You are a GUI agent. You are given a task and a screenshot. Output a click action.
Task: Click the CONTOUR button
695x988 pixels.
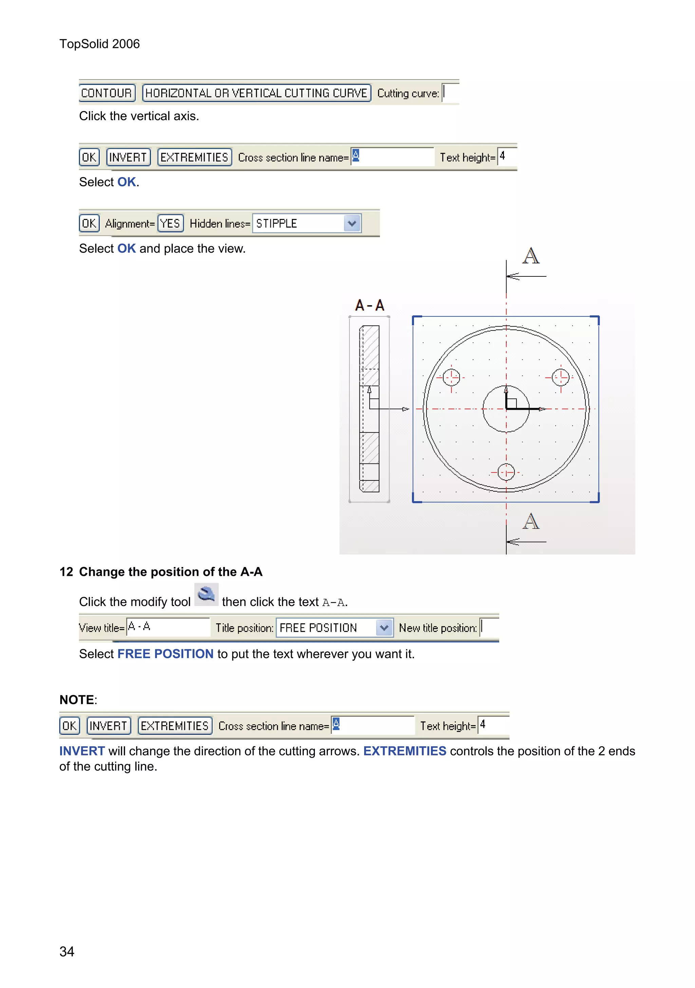coord(107,93)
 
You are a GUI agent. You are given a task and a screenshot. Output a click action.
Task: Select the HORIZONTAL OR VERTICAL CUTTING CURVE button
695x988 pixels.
coord(256,93)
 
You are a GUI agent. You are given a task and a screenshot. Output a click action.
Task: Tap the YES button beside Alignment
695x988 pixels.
coord(170,223)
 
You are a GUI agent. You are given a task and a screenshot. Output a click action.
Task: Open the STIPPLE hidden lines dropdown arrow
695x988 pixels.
coord(352,223)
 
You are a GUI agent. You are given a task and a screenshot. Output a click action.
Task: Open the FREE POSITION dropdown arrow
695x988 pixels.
coord(384,627)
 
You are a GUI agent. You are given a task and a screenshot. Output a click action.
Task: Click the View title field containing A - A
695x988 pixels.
coord(168,626)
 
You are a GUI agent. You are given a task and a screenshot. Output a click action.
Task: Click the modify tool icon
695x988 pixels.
coord(206,595)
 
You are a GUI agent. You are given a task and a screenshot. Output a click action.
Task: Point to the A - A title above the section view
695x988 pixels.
coord(370,306)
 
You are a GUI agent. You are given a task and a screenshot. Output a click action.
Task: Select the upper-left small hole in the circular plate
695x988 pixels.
coord(451,378)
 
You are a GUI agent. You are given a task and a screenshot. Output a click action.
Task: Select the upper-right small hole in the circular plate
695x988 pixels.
coord(560,378)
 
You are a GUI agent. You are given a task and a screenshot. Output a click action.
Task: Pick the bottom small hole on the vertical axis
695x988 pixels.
coord(506,472)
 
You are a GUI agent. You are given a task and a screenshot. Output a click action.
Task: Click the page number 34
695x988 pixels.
coord(67,951)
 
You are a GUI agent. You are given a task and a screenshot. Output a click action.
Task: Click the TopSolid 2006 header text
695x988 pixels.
coord(99,44)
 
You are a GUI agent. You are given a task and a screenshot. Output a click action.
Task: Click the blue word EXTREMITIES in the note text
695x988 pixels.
coord(404,751)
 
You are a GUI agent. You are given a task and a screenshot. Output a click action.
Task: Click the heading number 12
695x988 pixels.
coord(66,571)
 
